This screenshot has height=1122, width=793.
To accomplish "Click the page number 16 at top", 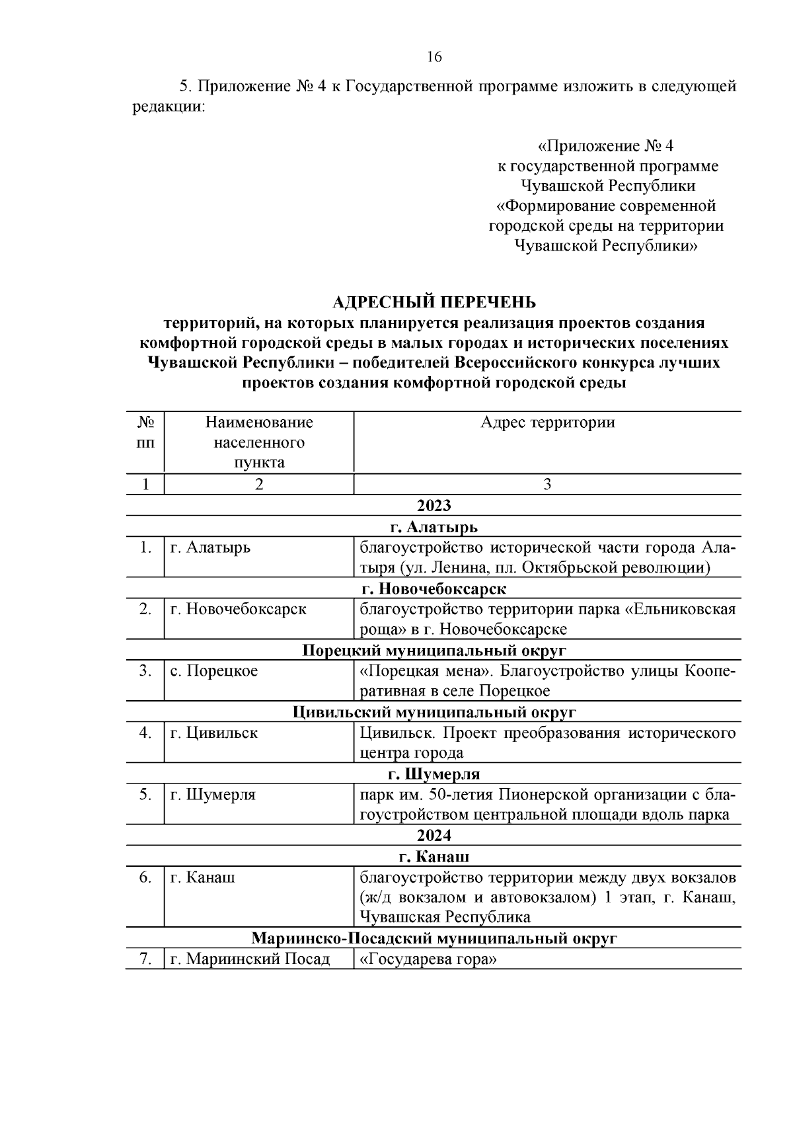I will pyautogui.click(x=434, y=57).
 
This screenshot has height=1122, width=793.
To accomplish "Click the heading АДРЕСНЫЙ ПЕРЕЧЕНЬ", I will pyautogui.click(x=434, y=302).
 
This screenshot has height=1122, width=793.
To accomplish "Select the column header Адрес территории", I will pyautogui.click(x=547, y=422).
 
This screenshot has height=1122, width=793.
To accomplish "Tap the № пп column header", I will pyautogui.click(x=145, y=432).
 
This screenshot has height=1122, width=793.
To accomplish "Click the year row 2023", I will pyautogui.click(x=434, y=506).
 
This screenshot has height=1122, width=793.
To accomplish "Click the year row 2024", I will pyautogui.click(x=434, y=836).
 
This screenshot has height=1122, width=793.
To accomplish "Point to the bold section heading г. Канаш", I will pyautogui.click(x=434, y=857).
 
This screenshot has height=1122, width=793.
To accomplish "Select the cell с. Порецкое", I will pyautogui.click(x=214, y=671).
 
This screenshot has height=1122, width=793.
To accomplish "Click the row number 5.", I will pyautogui.click(x=145, y=794).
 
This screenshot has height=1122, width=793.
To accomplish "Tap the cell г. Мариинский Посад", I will pyautogui.click(x=250, y=959).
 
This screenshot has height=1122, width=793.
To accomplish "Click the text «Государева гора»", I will pyautogui.click(x=428, y=959).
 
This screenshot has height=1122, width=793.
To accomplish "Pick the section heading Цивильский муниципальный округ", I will pyautogui.click(x=434, y=713).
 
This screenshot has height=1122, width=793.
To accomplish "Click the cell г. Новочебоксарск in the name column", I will pyautogui.click(x=238, y=609).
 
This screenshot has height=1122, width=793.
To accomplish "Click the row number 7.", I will pyautogui.click(x=145, y=959).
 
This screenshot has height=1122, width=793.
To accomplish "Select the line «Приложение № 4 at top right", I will pyautogui.click(x=605, y=145).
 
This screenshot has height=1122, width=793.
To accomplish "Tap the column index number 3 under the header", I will pyautogui.click(x=547, y=485).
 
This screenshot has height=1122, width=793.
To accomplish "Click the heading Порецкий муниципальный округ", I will pyautogui.click(x=434, y=651).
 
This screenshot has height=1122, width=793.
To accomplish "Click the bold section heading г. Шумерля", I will pyautogui.click(x=434, y=774).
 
